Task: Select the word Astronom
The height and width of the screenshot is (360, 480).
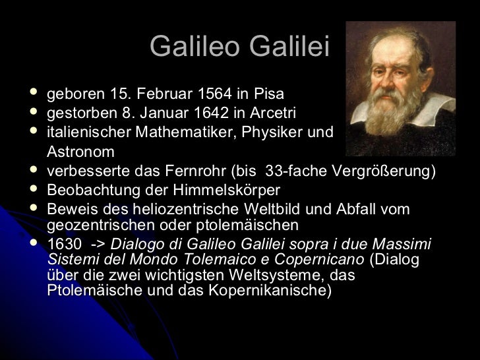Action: (x=80, y=152)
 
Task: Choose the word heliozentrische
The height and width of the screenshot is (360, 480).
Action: (x=179, y=209)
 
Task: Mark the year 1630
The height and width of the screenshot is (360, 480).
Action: (x=63, y=244)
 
